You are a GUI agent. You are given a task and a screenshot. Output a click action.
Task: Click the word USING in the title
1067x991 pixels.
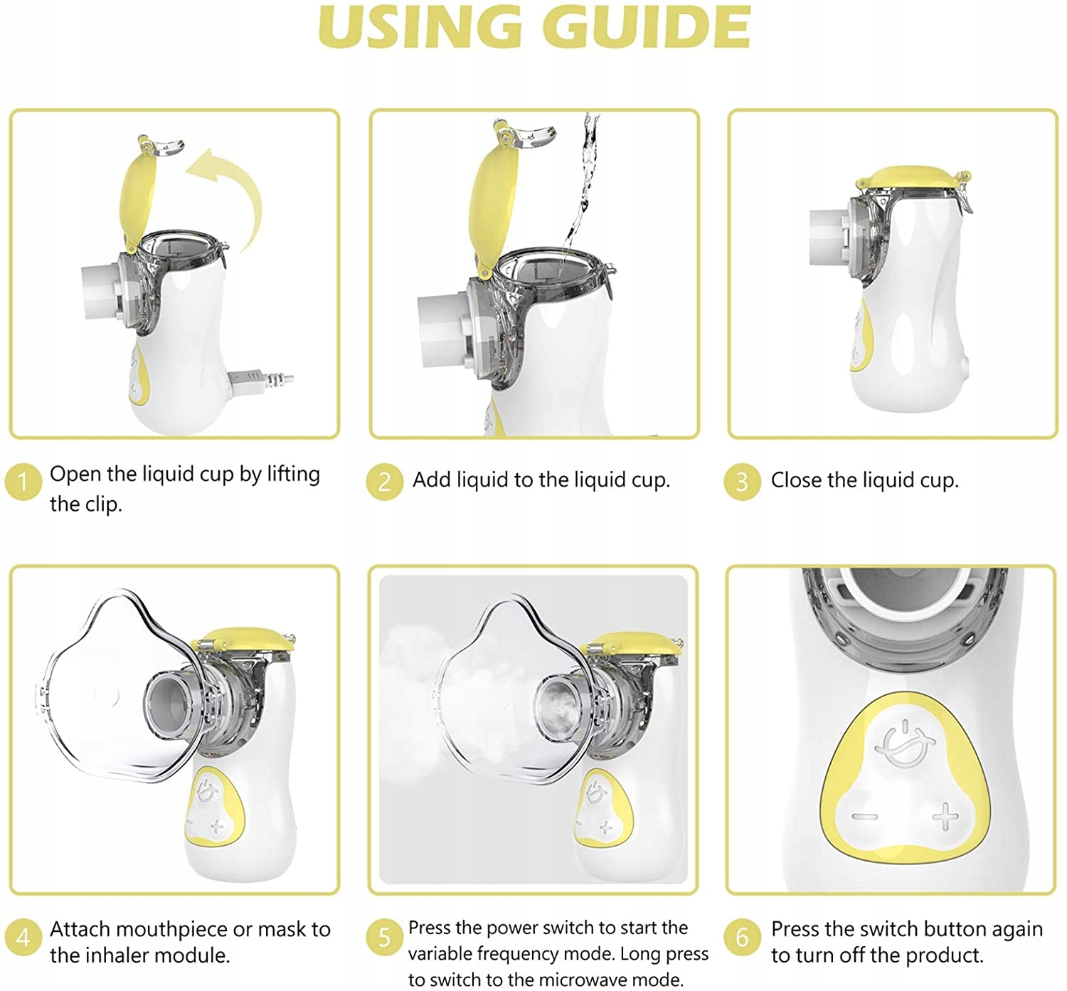(x=420, y=27)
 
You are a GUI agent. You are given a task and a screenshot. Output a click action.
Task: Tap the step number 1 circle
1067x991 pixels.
(x=23, y=482)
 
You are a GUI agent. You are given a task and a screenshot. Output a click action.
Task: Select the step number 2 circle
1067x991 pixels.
(x=384, y=482)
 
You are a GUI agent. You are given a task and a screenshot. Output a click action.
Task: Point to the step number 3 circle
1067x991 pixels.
(x=742, y=482)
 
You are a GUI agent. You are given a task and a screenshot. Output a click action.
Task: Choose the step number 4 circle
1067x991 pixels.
(x=23, y=938)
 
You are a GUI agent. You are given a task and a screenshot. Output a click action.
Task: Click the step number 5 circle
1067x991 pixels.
(x=384, y=937)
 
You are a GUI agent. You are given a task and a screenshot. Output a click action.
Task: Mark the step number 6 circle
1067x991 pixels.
(x=742, y=937)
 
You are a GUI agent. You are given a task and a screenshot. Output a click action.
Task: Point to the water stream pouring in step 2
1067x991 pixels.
(x=581, y=183)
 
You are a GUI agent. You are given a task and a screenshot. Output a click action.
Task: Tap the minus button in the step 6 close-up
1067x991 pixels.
(x=864, y=817)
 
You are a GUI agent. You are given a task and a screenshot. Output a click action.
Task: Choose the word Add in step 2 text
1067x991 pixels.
(x=431, y=480)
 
